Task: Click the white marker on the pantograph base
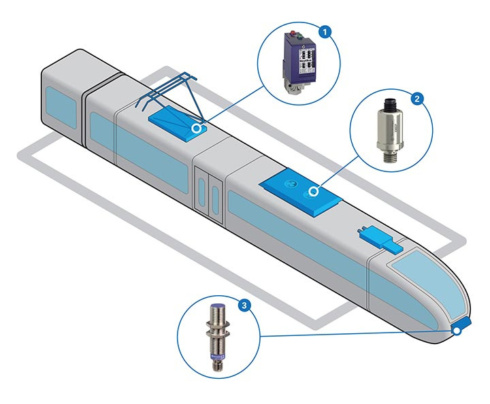pos(197,127)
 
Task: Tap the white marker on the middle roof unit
pos(314,191)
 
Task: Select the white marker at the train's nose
pos(457,331)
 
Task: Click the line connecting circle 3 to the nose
pos(354,333)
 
